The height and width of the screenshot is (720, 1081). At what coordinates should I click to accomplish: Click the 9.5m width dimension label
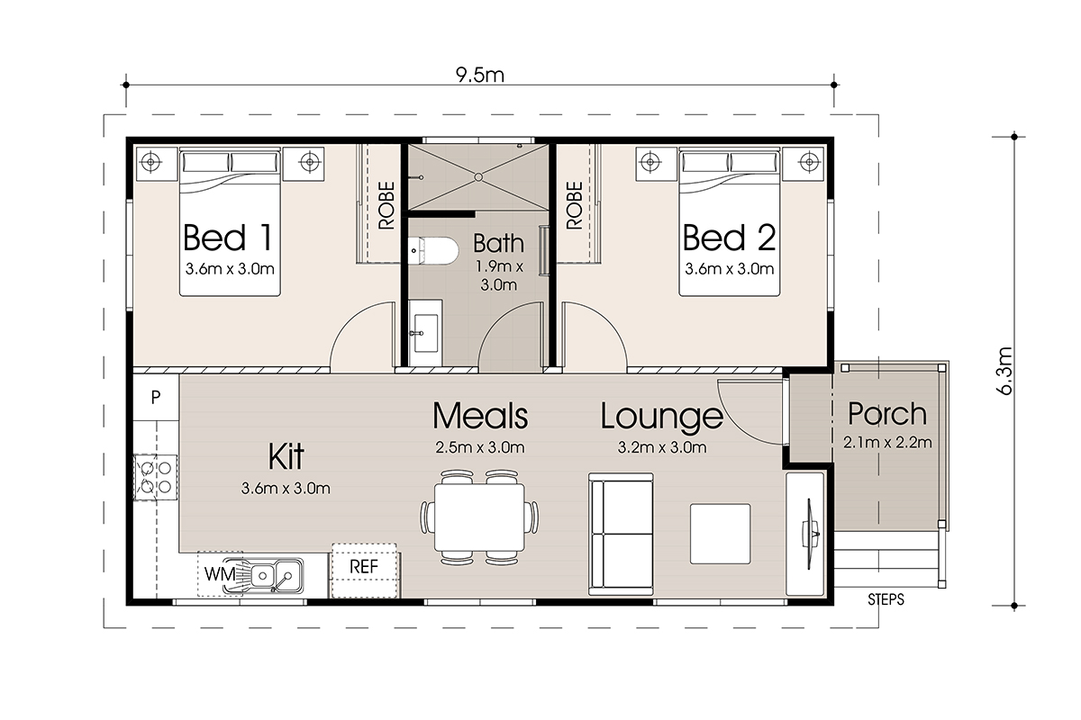(x=479, y=76)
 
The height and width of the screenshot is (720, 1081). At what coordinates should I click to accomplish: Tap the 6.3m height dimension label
(x=1004, y=371)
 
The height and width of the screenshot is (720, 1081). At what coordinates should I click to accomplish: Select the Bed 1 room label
(x=228, y=238)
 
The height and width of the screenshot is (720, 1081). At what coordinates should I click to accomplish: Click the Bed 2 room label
(x=729, y=238)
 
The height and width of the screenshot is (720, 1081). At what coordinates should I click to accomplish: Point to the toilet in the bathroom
(x=433, y=250)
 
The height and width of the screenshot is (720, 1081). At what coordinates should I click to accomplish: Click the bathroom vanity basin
(x=425, y=333)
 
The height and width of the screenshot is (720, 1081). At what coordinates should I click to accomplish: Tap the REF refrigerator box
(x=364, y=571)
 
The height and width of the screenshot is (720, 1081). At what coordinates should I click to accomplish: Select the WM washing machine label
(x=220, y=574)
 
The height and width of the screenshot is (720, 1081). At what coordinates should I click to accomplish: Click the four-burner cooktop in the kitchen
(x=155, y=477)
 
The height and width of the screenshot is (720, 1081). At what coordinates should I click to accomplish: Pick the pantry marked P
(x=156, y=398)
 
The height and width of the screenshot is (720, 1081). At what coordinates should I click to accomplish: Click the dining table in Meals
(x=479, y=517)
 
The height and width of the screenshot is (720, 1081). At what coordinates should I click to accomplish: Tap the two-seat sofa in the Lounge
(x=621, y=534)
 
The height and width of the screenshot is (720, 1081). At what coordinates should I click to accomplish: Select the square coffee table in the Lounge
(x=720, y=534)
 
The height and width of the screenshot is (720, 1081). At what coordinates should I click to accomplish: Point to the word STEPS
(x=886, y=599)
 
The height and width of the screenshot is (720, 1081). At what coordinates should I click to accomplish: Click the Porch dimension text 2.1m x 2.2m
(x=887, y=442)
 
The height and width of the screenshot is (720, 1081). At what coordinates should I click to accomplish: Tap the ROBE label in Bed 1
(x=386, y=205)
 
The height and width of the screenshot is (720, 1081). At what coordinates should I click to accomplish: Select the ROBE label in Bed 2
(x=575, y=205)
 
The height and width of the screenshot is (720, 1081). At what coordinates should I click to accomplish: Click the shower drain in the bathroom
(x=478, y=177)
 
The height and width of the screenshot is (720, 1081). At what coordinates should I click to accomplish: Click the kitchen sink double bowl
(x=275, y=575)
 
